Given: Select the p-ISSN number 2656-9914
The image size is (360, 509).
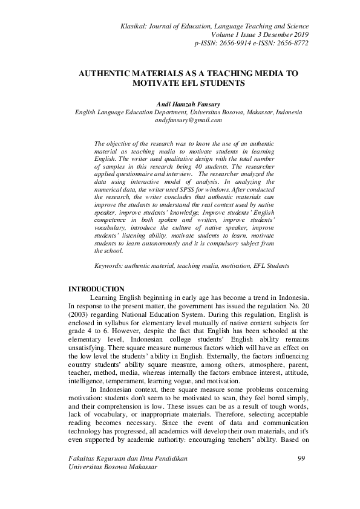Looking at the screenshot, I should (x=232, y=44).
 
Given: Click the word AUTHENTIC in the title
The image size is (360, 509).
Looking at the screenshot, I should (x=108, y=73).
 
